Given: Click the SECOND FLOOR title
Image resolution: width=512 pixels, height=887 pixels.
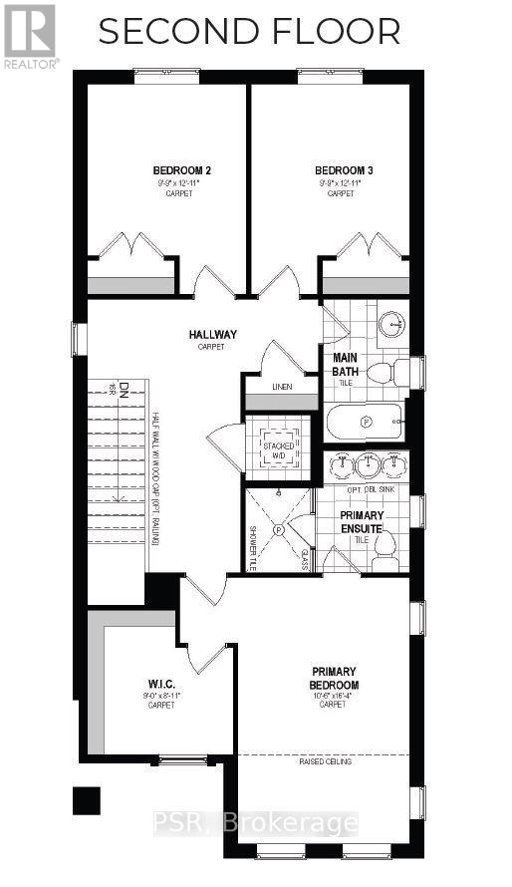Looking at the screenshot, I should (249, 32).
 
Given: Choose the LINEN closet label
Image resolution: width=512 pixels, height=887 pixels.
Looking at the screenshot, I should (282, 386).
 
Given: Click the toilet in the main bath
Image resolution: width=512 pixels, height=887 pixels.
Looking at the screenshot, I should (387, 374).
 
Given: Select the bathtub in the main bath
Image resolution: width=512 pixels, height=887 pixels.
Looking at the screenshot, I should (364, 423).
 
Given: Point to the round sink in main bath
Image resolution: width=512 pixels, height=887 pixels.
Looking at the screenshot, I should (392, 322).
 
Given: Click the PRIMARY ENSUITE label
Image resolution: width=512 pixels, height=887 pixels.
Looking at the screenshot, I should (362, 521).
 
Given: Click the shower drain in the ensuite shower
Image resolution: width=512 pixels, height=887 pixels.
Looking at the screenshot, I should (279, 530).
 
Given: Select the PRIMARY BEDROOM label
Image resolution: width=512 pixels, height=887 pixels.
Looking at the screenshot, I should (334, 679).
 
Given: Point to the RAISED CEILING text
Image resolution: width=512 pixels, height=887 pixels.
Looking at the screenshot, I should (323, 762).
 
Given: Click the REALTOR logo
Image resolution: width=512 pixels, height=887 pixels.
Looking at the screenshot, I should (30, 35).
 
